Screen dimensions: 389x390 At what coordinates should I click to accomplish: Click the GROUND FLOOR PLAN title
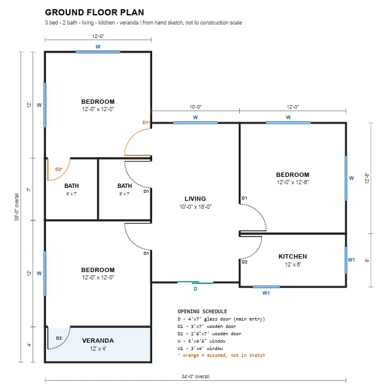click(94, 12)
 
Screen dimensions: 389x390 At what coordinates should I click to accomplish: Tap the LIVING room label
click(195, 199)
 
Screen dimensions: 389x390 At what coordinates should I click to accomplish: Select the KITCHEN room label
click(293, 257)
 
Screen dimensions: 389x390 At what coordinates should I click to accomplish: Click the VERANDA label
click(98, 340)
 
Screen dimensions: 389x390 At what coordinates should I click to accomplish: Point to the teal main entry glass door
click(195, 283)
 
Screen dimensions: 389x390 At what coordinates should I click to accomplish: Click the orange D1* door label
click(146, 122)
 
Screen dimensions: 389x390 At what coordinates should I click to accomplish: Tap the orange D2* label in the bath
click(59, 169)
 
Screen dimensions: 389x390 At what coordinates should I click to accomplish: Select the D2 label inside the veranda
click(59, 338)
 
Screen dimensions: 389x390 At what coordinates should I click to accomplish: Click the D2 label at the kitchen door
click(244, 262)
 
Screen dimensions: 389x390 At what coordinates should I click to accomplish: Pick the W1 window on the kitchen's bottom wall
click(266, 287)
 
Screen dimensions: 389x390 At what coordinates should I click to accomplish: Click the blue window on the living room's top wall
click(195, 123)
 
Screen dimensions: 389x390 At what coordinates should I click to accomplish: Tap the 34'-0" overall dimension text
click(195, 376)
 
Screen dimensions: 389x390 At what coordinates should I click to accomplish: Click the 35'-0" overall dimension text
click(17, 207)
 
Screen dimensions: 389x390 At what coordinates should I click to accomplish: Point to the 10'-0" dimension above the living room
click(195, 107)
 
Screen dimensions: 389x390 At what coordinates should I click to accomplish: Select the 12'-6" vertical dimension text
click(367, 178)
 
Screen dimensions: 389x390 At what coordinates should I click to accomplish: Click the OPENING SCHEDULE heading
click(202, 311)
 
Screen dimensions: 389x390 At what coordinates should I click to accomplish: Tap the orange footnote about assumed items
click(221, 355)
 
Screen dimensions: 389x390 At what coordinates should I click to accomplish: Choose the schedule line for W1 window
click(200, 348)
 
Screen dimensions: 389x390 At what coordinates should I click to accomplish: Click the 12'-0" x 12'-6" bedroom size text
click(293, 182)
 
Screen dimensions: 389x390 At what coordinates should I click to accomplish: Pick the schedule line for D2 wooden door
click(209, 333)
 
